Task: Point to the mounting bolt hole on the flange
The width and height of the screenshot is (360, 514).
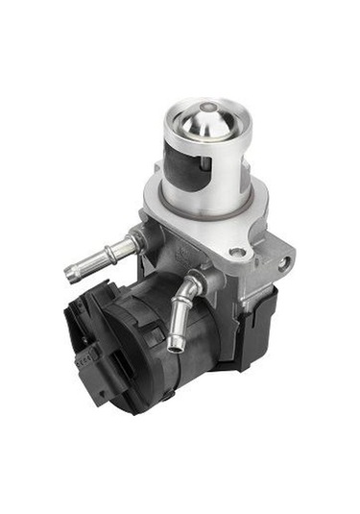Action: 236,252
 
